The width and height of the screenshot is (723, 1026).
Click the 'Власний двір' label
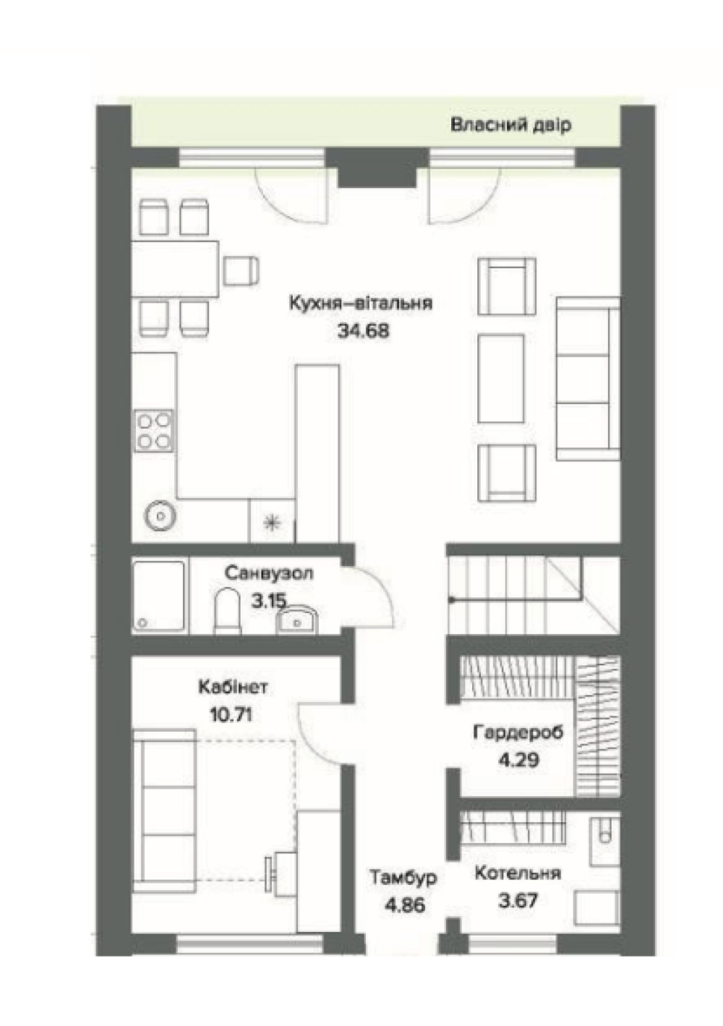click(x=511, y=124)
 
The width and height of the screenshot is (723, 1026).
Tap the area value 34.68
click(x=363, y=330)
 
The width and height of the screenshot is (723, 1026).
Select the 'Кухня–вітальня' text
click(x=361, y=303)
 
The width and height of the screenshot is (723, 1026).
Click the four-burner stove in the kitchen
click(x=154, y=430)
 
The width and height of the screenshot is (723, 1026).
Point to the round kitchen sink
click(x=161, y=516)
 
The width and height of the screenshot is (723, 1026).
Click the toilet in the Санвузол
click(x=227, y=611)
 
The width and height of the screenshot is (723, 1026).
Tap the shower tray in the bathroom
click(x=159, y=596)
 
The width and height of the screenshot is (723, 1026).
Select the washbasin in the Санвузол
click(x=297, y=620)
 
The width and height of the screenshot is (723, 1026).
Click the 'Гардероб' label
click(x=518, y=732)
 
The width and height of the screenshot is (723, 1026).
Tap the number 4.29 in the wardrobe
click(x=518, y=760)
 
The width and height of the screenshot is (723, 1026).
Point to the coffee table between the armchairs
click(x=500, y=378)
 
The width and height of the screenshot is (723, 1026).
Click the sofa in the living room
click(x=588, y=378)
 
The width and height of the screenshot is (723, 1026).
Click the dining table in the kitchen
click(x=175, y=268)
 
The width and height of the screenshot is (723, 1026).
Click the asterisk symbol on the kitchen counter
click(x=272, y=522)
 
